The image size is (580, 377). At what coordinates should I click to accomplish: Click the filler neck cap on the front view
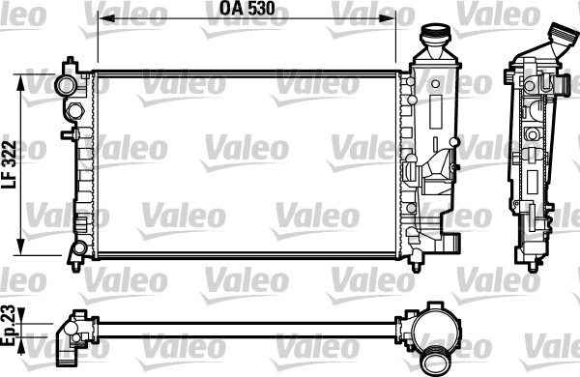coord(434,40)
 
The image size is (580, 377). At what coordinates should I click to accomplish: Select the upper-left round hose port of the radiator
coord(67,85)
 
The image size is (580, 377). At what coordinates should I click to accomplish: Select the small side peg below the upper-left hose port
coord(68,134)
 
